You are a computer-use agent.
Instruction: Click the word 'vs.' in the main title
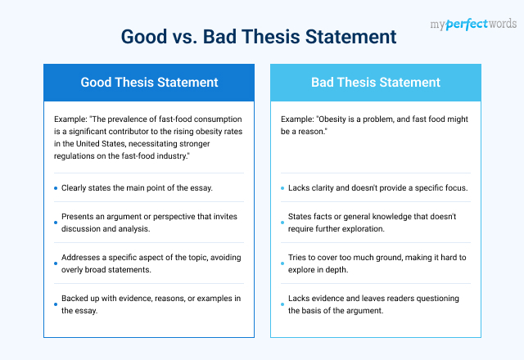[184, 37]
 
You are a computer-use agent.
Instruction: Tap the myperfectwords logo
[473, 24]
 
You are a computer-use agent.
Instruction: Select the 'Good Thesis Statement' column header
[149, 83]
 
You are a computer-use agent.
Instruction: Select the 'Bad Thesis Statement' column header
[376, 83]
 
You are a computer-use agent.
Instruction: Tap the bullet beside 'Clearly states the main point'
[56, 188]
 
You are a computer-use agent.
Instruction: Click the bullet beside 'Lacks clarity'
[282, 188]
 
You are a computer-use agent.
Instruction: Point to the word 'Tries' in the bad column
[296, 258]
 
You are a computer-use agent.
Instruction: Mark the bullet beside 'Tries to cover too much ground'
[282, 263]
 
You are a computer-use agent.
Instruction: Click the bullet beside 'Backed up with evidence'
[56, 304]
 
